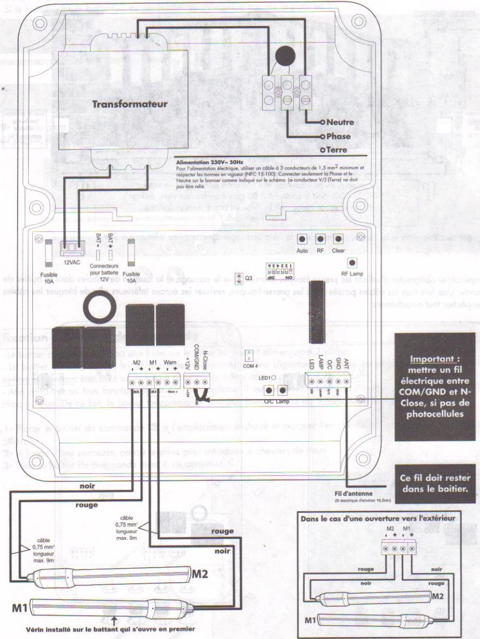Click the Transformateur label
(x=130, y=104)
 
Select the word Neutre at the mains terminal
(x=340, y=122)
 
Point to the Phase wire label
(x=338, y=137)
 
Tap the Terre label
(x=338, y=150)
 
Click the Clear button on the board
(x=339, y=239)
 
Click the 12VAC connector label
(x=72, y=262)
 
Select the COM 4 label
(x=249, y=365)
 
